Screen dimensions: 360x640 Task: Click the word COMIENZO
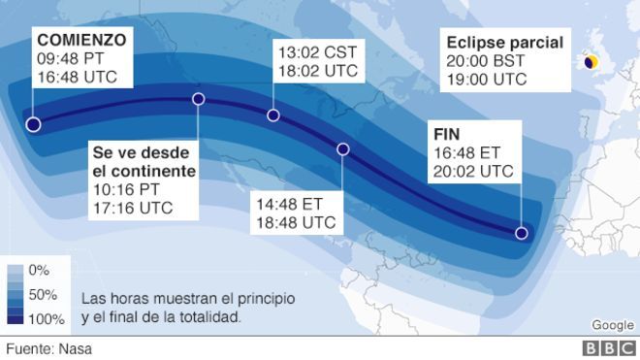(81, 40)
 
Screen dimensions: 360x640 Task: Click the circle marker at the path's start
(33, 124)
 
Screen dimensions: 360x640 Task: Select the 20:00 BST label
(485, 60)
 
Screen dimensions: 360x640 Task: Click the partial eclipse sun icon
(591, 62)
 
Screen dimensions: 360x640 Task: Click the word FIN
(447, 133)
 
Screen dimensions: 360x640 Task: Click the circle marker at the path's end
(522, 233)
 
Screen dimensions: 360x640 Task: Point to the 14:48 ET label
(287, 204)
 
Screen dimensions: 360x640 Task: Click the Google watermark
(612, 325)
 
